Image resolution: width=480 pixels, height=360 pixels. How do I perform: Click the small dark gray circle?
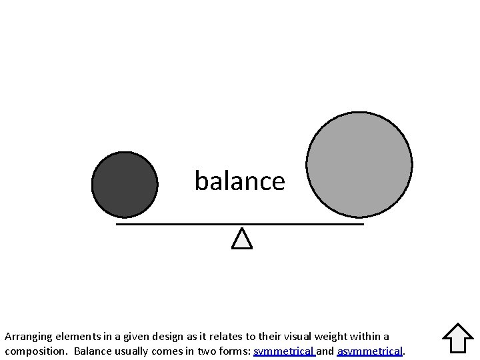125,185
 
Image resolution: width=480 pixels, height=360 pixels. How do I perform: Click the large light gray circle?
359,165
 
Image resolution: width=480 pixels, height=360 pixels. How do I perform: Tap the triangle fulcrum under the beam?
242,239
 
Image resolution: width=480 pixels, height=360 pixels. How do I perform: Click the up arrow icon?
457,338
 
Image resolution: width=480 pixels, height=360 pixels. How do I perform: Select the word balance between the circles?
239,181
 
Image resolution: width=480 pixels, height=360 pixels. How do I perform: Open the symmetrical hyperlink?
283,351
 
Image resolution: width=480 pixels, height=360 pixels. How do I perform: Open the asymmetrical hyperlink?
370,351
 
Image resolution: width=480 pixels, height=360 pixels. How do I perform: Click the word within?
362,337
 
